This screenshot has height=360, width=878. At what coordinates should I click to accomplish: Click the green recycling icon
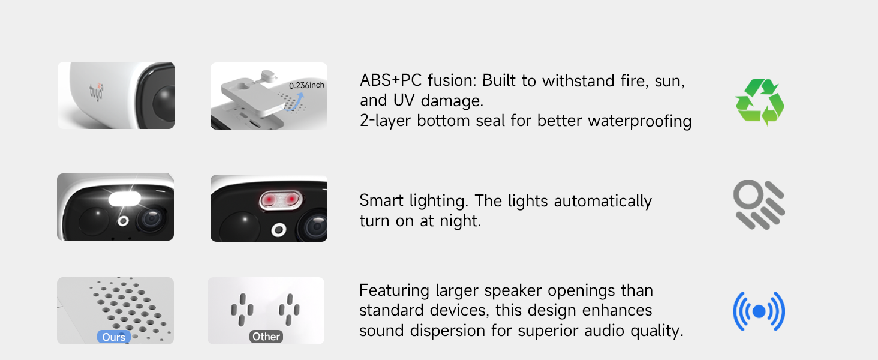coord(759,102)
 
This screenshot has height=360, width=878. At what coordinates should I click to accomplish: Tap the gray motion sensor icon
coord(759,205)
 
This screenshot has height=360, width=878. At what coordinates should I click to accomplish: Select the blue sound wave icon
coord(759,311)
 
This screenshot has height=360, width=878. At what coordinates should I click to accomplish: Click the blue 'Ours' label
coord(114,337)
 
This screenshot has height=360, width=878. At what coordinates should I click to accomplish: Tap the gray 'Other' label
coord(266,337)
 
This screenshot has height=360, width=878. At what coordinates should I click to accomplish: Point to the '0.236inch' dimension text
coord(306,85)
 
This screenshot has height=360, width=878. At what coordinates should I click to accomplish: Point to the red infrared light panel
coord(280,199)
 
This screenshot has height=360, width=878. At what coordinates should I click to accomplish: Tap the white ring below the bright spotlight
coord(124,221)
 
